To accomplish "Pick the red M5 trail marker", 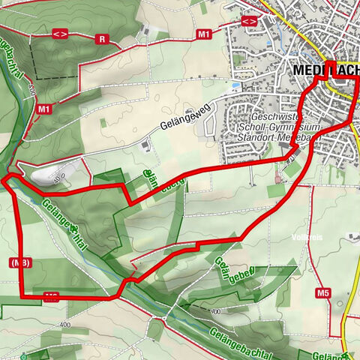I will tap(323, 292).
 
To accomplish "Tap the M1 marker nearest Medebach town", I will tap(204, 34).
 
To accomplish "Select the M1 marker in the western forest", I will tap(44, 109).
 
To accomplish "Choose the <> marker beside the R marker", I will tap(60, 34).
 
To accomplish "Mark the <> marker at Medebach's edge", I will tap(250, 20).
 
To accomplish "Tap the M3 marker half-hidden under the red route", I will tap(51, 296).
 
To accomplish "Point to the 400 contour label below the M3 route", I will tap(61, 325).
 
